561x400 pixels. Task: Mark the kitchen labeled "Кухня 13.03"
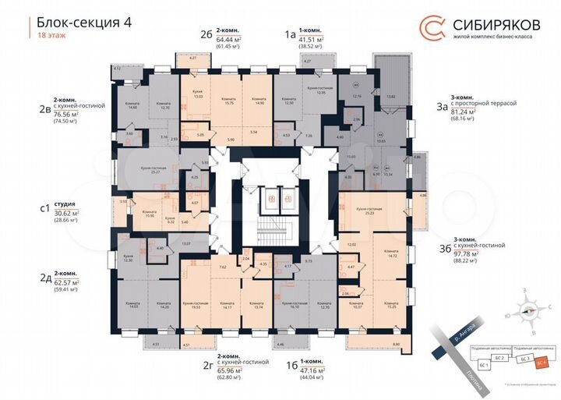pyautogui.click(x=197, y=95)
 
